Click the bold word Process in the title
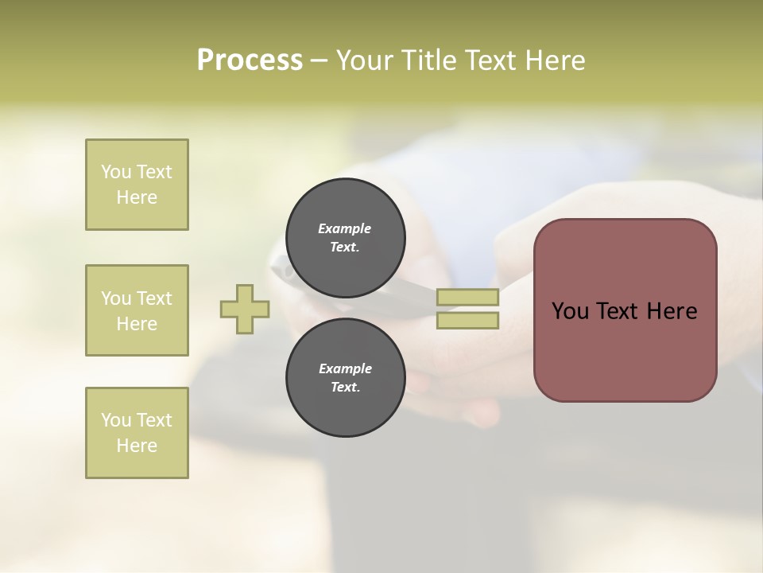tap(250, 60)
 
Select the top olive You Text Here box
tap(137, 185)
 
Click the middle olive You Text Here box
tap(137, 310)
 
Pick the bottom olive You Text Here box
tap(137, 433)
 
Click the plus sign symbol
tap(245, 309)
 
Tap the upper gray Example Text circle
tap(345, 237)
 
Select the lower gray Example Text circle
tap(345, 377)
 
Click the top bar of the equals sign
tap(467, 297)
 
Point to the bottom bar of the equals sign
tap(467, 320)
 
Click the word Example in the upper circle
tap(345, 228)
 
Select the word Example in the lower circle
tap(345, 368)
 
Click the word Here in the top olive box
tap(137, 197)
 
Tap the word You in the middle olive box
tap(116, 298)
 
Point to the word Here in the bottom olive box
tap(137, 446)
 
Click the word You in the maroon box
tap(570, 311)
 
